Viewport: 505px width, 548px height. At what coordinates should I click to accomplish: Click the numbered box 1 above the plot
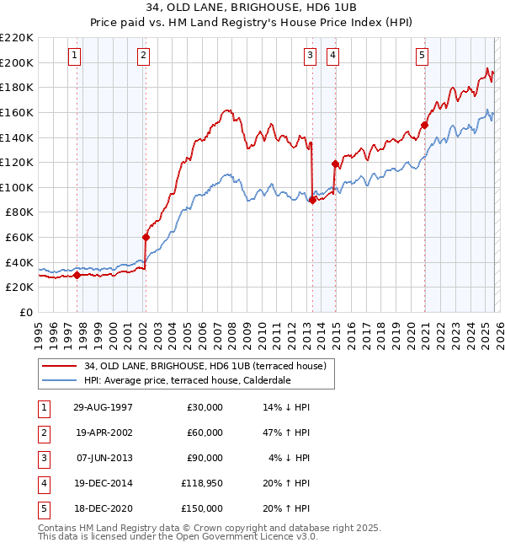pos(76,56)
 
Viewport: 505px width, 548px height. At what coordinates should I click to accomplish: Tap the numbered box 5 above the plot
pos(422,56)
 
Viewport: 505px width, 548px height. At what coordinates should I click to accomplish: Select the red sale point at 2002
pos(146,237)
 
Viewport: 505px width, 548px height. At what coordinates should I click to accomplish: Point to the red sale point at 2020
pos(425,126)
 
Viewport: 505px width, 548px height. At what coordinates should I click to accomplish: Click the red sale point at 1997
pos(77,274)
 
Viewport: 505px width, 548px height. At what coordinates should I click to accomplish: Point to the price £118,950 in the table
pos(200,483)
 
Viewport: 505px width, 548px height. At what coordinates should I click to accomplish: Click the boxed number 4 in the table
pos(42,483)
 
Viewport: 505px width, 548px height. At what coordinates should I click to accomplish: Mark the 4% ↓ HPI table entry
pos(289,458)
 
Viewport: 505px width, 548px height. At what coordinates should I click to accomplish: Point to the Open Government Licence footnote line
pos(178,535)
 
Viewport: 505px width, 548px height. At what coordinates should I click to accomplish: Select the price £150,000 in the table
pos(200,508)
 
